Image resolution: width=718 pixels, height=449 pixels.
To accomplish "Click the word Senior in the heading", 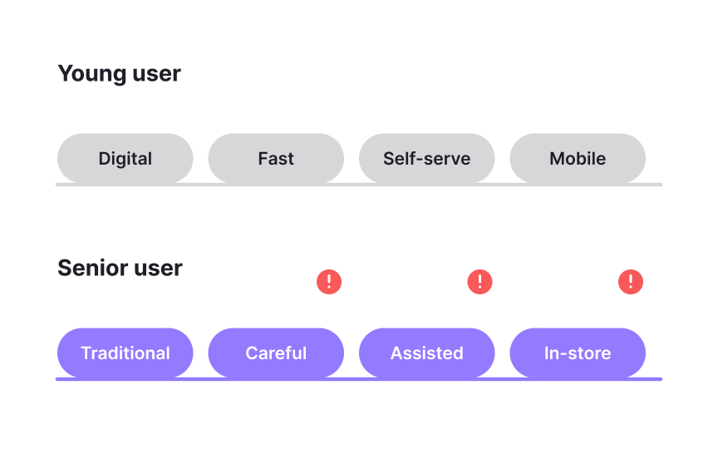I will [86, 269].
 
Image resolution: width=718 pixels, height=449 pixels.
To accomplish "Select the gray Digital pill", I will [125, 159].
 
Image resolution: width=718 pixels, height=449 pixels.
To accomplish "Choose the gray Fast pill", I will [276, 159].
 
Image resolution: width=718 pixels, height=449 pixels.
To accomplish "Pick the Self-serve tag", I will [426, 159].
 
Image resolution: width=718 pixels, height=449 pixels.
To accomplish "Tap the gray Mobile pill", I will [578, 159].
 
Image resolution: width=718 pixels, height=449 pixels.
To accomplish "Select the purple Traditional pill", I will [125, 353].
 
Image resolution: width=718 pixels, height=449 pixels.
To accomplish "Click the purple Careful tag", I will [276, 353].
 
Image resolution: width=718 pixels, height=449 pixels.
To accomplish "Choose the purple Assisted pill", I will [426, 353].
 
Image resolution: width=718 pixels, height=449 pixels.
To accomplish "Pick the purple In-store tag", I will [578, 353].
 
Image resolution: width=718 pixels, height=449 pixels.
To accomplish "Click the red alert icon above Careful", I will [329, 282].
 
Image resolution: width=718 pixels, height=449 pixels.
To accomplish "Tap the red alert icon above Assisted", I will [480, 282].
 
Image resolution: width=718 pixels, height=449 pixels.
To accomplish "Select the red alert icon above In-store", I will [631, 282].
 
